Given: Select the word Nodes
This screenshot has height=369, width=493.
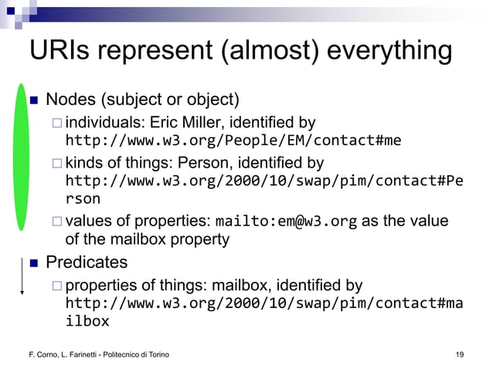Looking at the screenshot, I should point(70,100).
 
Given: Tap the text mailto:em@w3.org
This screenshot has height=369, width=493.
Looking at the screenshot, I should point(286,222).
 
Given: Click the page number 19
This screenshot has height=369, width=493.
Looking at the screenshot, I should point(460,354).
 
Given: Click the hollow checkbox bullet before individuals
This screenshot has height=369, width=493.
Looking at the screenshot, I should point(56,123).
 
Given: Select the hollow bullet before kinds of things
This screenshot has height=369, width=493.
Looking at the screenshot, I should point(56,164).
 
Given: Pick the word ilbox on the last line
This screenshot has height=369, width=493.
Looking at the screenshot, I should point(87,321).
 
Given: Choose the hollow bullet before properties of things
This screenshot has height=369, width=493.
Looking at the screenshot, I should point(56,286).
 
